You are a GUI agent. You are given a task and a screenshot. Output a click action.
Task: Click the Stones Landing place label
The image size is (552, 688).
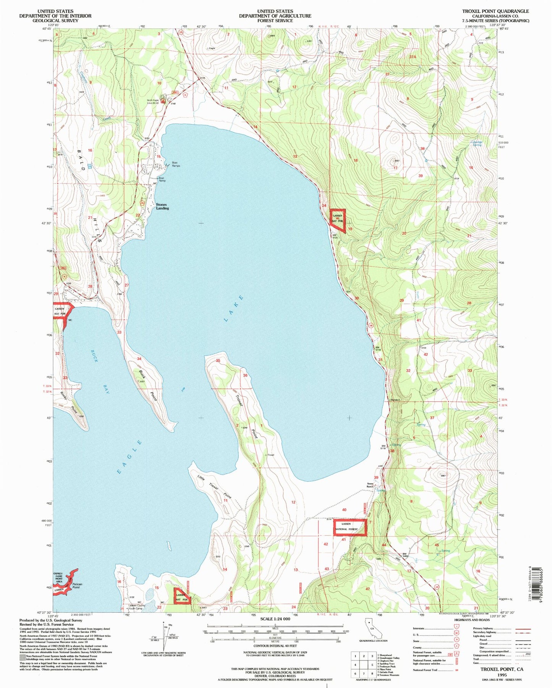point(162,206)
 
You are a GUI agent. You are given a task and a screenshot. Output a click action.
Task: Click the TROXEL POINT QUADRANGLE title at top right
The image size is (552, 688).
point(495,11)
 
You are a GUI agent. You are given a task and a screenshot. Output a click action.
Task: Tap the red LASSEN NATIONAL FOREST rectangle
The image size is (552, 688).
point(350,527)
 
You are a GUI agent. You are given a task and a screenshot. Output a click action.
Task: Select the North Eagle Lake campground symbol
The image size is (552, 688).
point(163,101)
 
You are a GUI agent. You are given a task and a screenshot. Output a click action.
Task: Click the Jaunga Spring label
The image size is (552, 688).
point(477,143)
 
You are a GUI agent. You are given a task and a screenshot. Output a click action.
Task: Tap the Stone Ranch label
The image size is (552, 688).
point(370,485)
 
